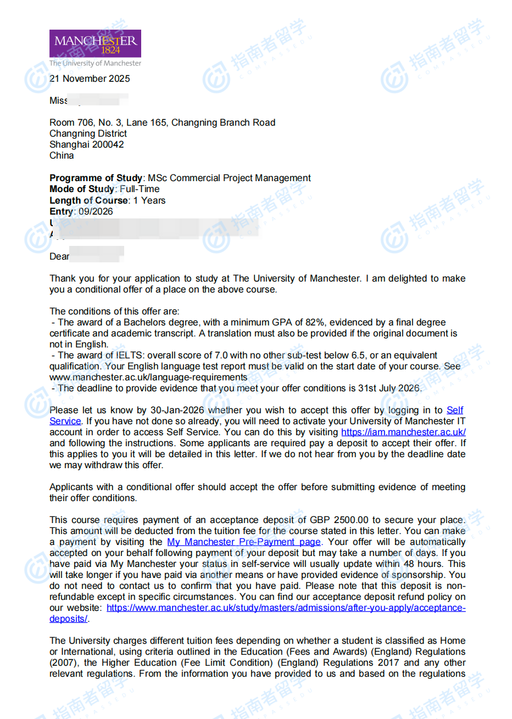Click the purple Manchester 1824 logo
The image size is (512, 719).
tap(95, 43)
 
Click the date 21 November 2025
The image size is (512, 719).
tap(90, 78)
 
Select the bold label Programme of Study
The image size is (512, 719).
tap(96, 178)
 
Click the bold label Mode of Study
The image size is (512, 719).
tap(82, 189)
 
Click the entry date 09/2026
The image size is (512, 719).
tap(96, 211)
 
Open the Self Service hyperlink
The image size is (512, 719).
tap(454, 410)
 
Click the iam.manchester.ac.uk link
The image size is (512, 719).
tap(403, 432)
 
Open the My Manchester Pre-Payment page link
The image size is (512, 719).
tap(243, 542)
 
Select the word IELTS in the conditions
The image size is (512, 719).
tap(130, 355)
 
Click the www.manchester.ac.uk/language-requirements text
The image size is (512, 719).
tap(148, 377)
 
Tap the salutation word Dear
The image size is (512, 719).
tap(59, 256)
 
